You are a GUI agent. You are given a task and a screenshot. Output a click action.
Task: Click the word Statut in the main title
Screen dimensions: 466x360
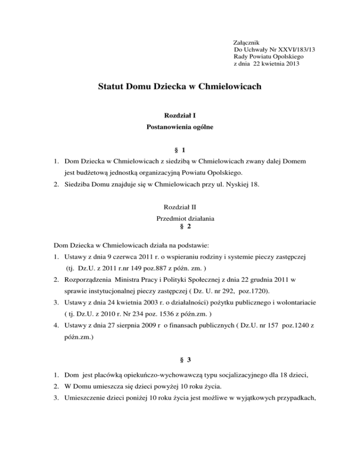(112, 87)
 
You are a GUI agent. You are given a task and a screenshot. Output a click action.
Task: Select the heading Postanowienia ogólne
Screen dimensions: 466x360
(180, 127)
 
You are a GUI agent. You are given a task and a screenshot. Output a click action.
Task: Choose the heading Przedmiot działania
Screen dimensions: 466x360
(180, 218)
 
